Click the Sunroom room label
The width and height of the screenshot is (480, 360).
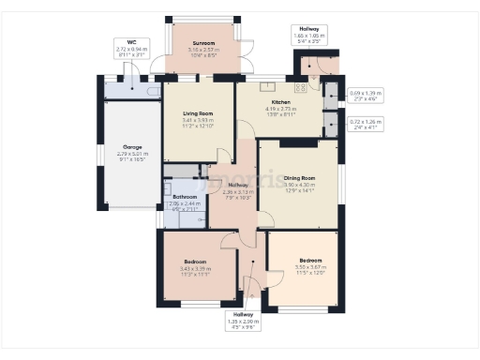(x=203, y=43)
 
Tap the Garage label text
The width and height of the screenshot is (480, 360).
(x=132, y=147)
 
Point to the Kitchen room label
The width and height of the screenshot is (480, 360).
(x=281, y=102)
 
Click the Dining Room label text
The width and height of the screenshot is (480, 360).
(x=300, y=177)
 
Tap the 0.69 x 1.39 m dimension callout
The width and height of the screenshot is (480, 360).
(x=367, y=96)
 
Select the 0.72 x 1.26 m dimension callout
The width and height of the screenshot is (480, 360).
(x=367, y=123)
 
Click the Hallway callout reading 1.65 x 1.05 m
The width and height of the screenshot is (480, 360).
(x=310, y=36)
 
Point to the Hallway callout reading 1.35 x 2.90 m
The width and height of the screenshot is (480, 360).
(x=244, y=321)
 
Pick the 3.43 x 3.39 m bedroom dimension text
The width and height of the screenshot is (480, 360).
(x=195, y=272)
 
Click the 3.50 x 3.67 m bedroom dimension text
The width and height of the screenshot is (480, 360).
(x=310, y=267)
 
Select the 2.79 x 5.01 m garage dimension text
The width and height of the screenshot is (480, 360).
(x=132, y=157)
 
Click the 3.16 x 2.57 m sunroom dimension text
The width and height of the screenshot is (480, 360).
(x=203, y=51)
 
